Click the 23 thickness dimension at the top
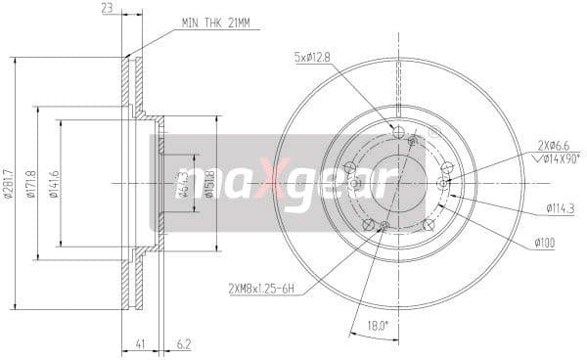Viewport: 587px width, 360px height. point(108,10)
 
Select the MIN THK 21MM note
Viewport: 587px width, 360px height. point(215,21)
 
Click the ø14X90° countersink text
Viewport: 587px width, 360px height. point(556,157)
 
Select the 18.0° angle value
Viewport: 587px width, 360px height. point(377,325)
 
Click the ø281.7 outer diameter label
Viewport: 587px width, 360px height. point(8,184)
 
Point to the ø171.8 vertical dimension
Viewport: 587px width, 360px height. point(30,184)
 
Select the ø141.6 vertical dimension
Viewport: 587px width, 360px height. point(53,184)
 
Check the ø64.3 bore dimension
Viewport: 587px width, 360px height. point(182,184)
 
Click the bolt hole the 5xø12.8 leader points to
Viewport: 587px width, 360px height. point(398,131)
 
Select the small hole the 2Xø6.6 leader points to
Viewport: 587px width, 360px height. point(443,182)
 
